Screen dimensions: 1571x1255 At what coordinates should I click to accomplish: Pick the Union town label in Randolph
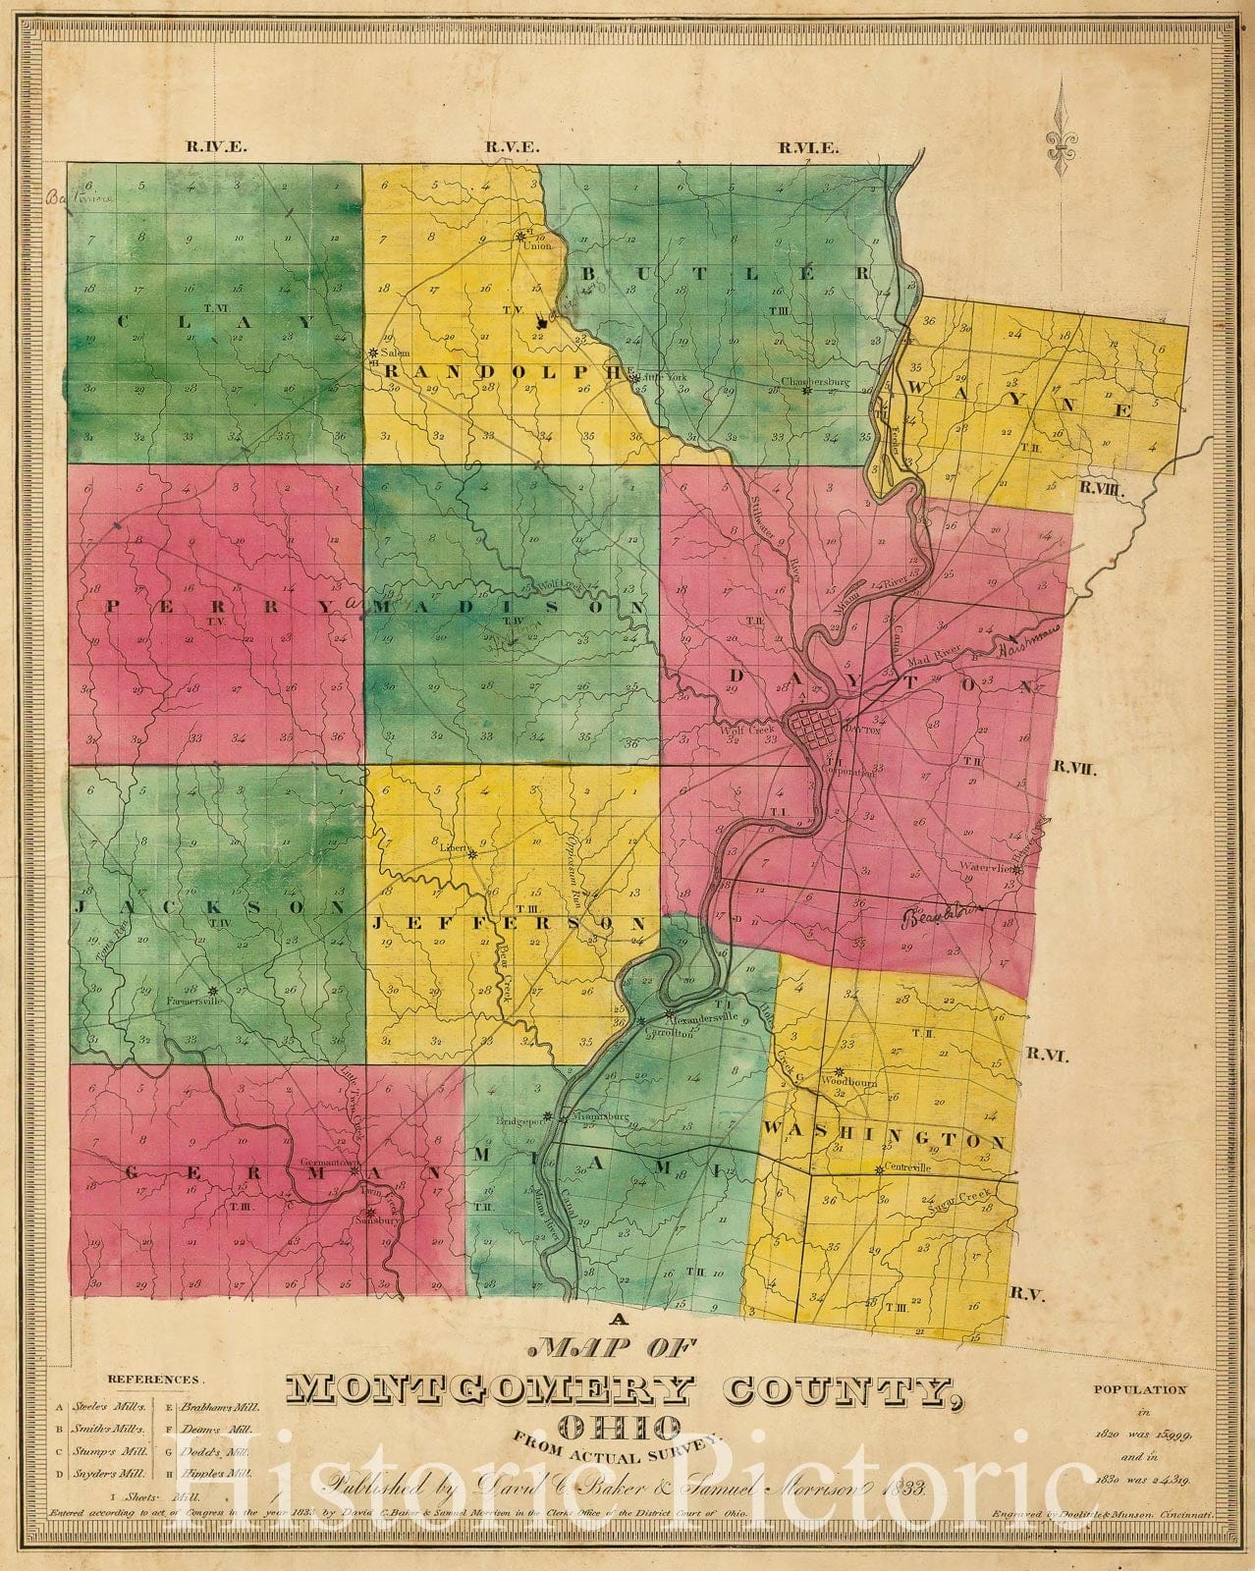click(529, 245)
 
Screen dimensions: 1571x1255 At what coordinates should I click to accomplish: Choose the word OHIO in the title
click(620, 1425)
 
